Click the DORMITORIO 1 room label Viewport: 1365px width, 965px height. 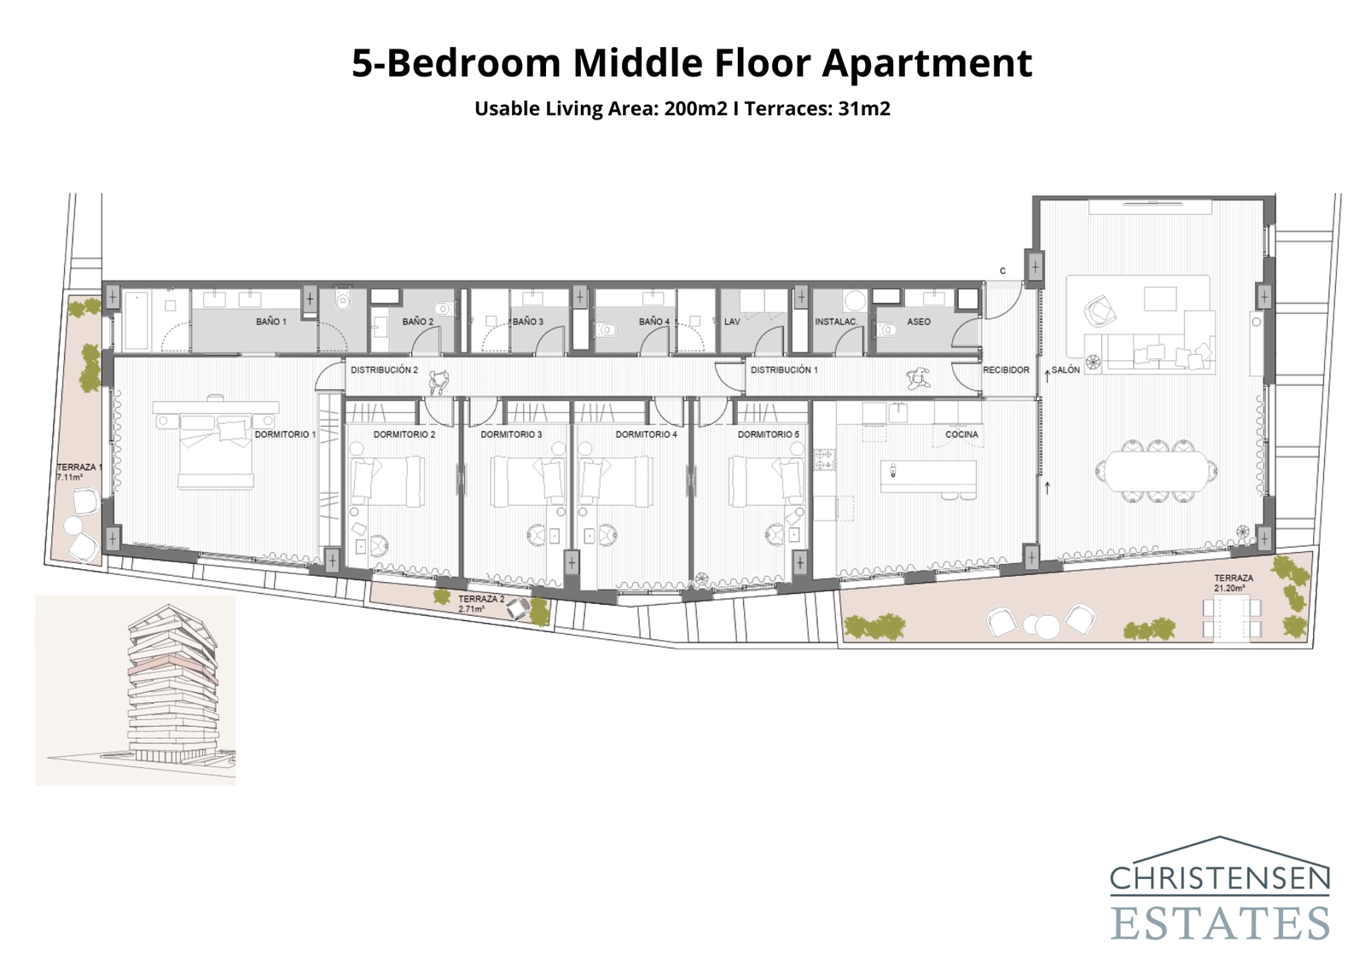tap(285, 434)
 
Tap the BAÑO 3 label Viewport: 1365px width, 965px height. tap(527, 322)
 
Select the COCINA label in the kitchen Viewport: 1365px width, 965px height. tap(961, 434)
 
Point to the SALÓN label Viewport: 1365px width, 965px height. tap(1066, 369)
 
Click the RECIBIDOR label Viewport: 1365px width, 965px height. tap(1006, 369)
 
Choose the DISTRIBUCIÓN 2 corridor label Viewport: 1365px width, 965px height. tap(384, 369)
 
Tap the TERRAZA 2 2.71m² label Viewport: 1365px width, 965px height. tap(481, 604)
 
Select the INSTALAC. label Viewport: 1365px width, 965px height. tap(836, 322)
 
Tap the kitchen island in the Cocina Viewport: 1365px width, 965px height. tap(928, 474)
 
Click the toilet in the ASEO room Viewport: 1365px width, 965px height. tap(886, 328)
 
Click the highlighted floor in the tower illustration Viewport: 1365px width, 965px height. tap(171, 666)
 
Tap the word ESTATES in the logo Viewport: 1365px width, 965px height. tap(1220, 924)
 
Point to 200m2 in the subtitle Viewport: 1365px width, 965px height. tap(695, 108)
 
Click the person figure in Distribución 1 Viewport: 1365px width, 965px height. tap(918, 377)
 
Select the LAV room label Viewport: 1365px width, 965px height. tap(732, 322)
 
